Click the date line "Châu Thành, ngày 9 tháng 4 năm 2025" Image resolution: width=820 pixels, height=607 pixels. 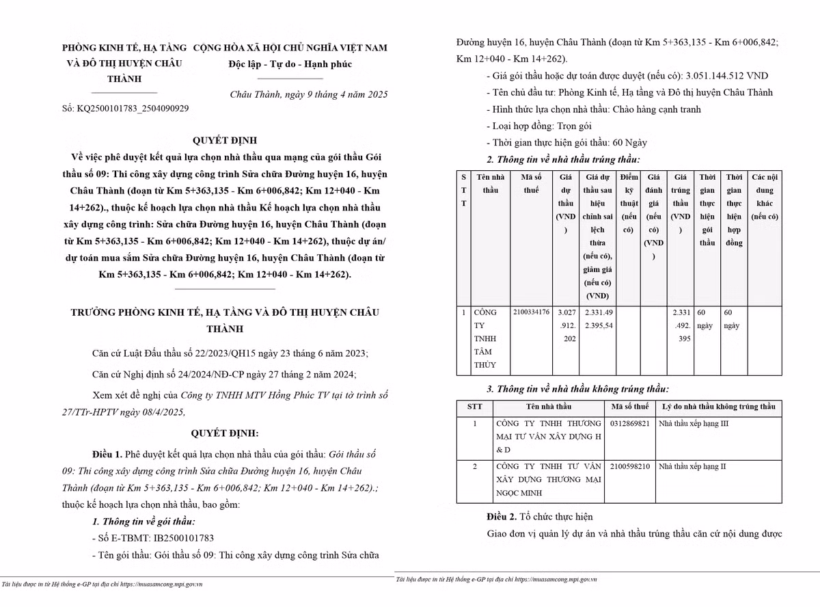[x=309, y=94]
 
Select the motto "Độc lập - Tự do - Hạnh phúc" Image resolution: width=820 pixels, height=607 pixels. [x=290, y=65]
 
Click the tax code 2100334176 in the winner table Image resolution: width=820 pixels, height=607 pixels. [x=531, y=312]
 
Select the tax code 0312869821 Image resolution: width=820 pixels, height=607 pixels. [x=630, y=424]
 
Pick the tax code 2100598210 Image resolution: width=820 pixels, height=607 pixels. [x=630, y=467]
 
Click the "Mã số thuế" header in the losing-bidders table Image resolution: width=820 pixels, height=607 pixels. [x=630, y=407]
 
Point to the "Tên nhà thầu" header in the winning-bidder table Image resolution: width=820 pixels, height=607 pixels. [x=491, y=183]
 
